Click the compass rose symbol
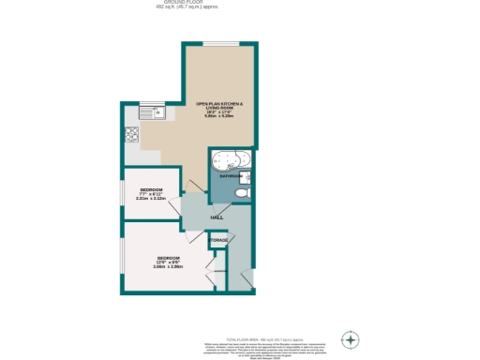pyautogui.click(x=351, y=338)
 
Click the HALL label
pyautogui.click(x=217, y=217)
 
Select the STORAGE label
pyautogui.click(x=218, y=241)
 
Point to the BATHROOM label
pyautogui.click(x=231, y=176)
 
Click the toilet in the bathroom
pyautogui.click(x=242, y=193)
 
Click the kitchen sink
pyautogui.click(x=151, y=114)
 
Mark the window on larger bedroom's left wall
pyautogui.click(x=122, y=258)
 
